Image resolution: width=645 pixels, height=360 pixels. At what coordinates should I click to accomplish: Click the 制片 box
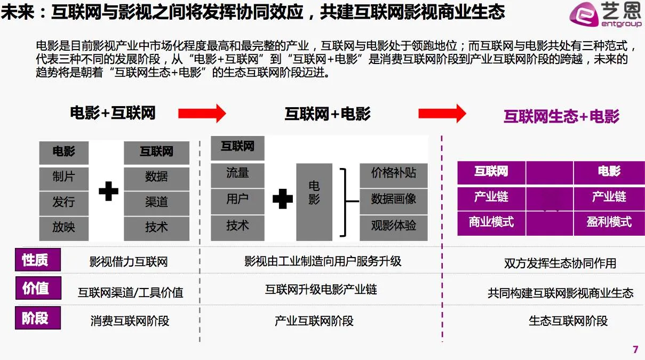(63, 177)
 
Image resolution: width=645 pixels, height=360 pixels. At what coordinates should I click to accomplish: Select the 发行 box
(63, 202)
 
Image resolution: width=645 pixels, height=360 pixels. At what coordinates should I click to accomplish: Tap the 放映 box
(63, 228)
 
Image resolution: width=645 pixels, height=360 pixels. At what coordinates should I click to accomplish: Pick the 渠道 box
(156, 202)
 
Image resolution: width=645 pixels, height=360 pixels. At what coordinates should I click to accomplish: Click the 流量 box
(237, 173)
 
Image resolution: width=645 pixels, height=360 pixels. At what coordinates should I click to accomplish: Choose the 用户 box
(237, 199)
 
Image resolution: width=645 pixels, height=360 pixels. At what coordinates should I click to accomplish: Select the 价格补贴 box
(394, 173)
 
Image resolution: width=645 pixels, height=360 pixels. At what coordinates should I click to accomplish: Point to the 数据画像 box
(394, 199)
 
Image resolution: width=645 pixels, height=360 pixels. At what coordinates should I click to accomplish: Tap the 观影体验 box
(394, 226)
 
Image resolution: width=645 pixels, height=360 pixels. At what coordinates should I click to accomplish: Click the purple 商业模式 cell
(491, 222)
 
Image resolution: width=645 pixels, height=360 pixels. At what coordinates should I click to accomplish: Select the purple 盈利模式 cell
(609, 222)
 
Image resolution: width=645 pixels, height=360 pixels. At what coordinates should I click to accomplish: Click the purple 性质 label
(37, 260)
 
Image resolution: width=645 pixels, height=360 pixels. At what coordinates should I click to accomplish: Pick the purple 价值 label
(37, 289)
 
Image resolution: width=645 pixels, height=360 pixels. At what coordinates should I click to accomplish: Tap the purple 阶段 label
(37, 318)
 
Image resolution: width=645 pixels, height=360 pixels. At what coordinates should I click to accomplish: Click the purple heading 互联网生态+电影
(561, 116)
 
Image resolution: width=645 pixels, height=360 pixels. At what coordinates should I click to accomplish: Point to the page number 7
(635, 350)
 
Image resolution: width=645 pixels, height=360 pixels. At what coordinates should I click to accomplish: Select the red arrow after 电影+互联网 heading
(202, 113)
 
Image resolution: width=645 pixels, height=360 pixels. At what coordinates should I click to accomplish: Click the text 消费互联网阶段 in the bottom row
(130, 321)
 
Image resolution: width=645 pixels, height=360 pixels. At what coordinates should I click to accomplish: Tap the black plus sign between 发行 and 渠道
(109, 190)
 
